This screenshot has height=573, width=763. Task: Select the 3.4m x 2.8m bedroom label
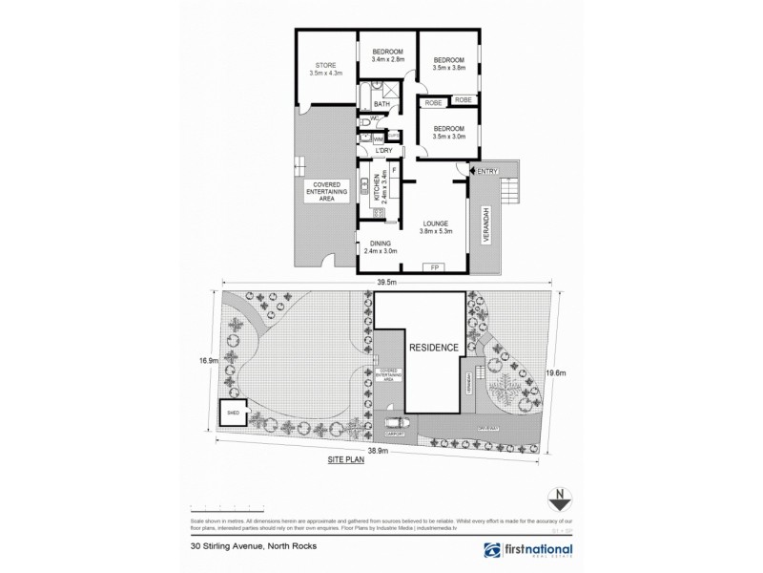(x=387, y=55)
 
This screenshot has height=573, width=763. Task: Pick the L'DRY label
(x=384, y=151)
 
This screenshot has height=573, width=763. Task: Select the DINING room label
(x=381, y=247)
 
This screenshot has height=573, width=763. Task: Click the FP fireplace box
(x=435, y=267)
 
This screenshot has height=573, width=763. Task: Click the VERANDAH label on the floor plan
(x=486, y=225)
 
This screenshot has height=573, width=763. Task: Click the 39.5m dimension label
(x=386, y=283)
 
